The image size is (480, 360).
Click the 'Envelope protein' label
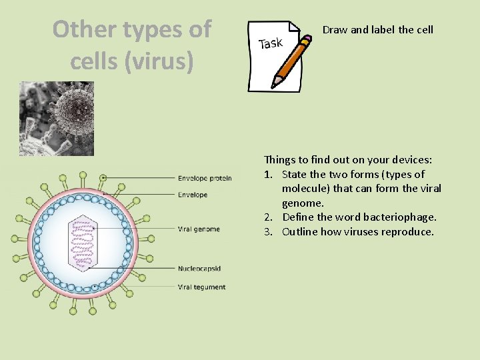(205, 178)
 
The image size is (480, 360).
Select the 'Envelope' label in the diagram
(193, 195)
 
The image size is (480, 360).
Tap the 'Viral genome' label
(199, 229)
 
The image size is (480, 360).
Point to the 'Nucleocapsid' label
(199, 269)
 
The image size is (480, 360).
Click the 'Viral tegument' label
(201, 287)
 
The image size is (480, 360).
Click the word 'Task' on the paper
(270, 43)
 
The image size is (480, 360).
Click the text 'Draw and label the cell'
(378, 29)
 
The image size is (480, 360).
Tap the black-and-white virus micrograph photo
(57, 118)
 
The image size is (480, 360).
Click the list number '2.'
(269, 217)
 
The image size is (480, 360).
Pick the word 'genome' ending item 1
(303, 203)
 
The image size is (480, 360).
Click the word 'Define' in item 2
(298, 217)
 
